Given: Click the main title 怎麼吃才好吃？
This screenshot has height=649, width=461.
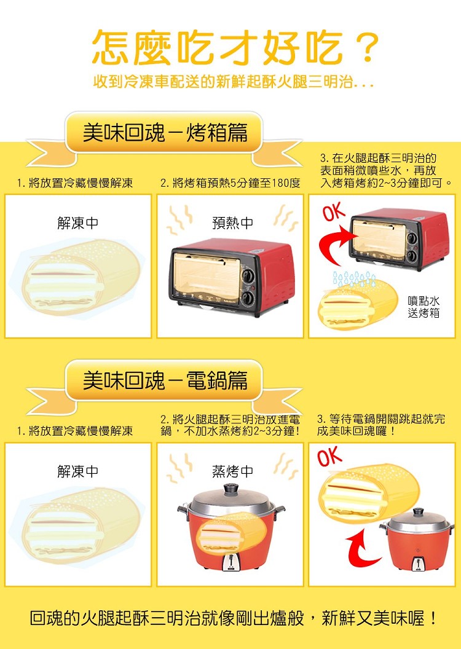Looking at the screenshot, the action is (235, 47).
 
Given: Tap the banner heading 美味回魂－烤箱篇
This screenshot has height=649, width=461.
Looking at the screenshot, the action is (165, 133).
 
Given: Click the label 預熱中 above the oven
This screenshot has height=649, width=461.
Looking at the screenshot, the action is (232, 223).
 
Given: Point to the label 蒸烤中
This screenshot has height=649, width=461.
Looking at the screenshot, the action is (232, 471).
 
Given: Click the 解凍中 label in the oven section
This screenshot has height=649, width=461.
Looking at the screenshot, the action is (78, 223).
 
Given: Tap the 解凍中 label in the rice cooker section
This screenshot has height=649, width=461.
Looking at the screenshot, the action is (78, 471).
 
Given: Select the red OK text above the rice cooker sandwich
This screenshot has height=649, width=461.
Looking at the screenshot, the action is (330, 457).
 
